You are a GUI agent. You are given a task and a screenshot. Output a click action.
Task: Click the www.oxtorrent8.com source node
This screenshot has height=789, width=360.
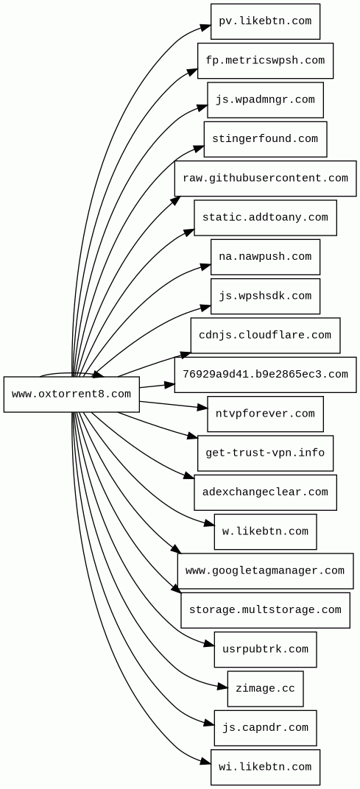point(71,394)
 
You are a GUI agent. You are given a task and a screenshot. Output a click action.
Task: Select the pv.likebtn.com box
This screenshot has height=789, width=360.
point(265,21)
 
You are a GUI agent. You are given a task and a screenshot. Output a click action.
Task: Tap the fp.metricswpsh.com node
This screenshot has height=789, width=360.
point(265,61)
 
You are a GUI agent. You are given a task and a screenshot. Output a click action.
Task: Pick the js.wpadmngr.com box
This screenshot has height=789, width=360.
point(265,100)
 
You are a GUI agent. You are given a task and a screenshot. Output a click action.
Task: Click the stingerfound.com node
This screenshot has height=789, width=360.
point(265,139)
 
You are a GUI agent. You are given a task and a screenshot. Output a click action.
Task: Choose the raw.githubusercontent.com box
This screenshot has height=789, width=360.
point(265,179)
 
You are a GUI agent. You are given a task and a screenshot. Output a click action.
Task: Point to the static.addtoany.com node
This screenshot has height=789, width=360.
point(265,218)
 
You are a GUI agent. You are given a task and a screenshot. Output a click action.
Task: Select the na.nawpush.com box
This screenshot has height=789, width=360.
point(265,257)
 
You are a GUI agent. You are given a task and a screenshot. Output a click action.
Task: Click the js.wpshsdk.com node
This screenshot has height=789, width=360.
point(265,297)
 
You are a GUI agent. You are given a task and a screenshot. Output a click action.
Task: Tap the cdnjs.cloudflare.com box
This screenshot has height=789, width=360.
point(265,336)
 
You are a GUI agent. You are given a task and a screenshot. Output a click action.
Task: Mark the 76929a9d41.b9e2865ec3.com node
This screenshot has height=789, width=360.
point(265,375)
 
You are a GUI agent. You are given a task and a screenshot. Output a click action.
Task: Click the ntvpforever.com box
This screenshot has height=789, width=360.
point(265,414)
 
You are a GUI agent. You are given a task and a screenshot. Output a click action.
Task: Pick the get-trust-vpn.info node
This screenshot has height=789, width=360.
point(265,453)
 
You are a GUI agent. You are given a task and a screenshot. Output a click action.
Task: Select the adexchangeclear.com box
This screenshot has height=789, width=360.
point(265,492)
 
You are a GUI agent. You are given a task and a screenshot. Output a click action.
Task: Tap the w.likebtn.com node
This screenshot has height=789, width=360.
point(265,532)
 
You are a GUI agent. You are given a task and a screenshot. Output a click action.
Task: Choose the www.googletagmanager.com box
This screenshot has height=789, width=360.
point(265,571)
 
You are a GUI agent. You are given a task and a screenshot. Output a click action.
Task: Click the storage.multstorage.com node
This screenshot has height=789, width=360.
point(265,610)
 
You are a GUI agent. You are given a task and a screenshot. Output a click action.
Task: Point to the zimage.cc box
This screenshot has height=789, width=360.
point(265,689)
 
